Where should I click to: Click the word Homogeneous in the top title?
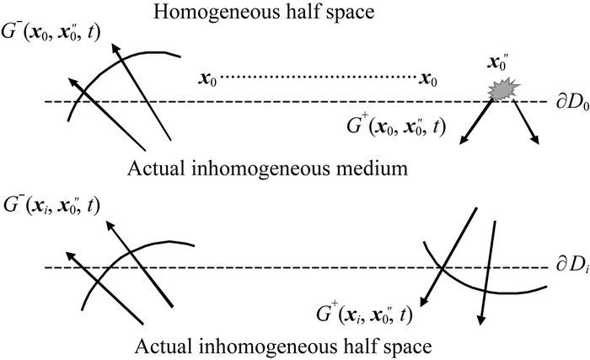click(x=223, y=14)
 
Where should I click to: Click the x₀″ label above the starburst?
click(x=500, y=64)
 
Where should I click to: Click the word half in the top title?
click(x=315, y=14)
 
